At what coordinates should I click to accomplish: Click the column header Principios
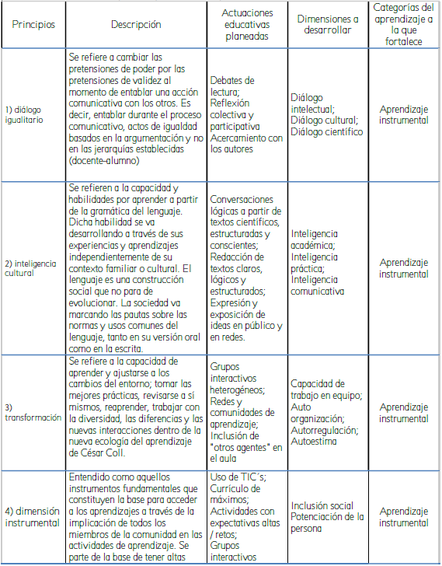tap(33, 24)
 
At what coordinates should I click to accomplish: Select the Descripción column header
tap(136, 24)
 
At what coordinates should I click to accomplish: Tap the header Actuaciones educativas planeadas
tap(248, 24)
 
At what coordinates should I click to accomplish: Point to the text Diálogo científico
tap(326, 132)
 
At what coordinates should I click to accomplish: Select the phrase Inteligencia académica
tap(314, 239)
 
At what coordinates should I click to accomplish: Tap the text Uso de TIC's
tap(238, 477)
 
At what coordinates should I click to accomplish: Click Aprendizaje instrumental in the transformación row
tap(404, 412)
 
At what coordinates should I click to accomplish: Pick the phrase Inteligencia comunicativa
tap(317, 285)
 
